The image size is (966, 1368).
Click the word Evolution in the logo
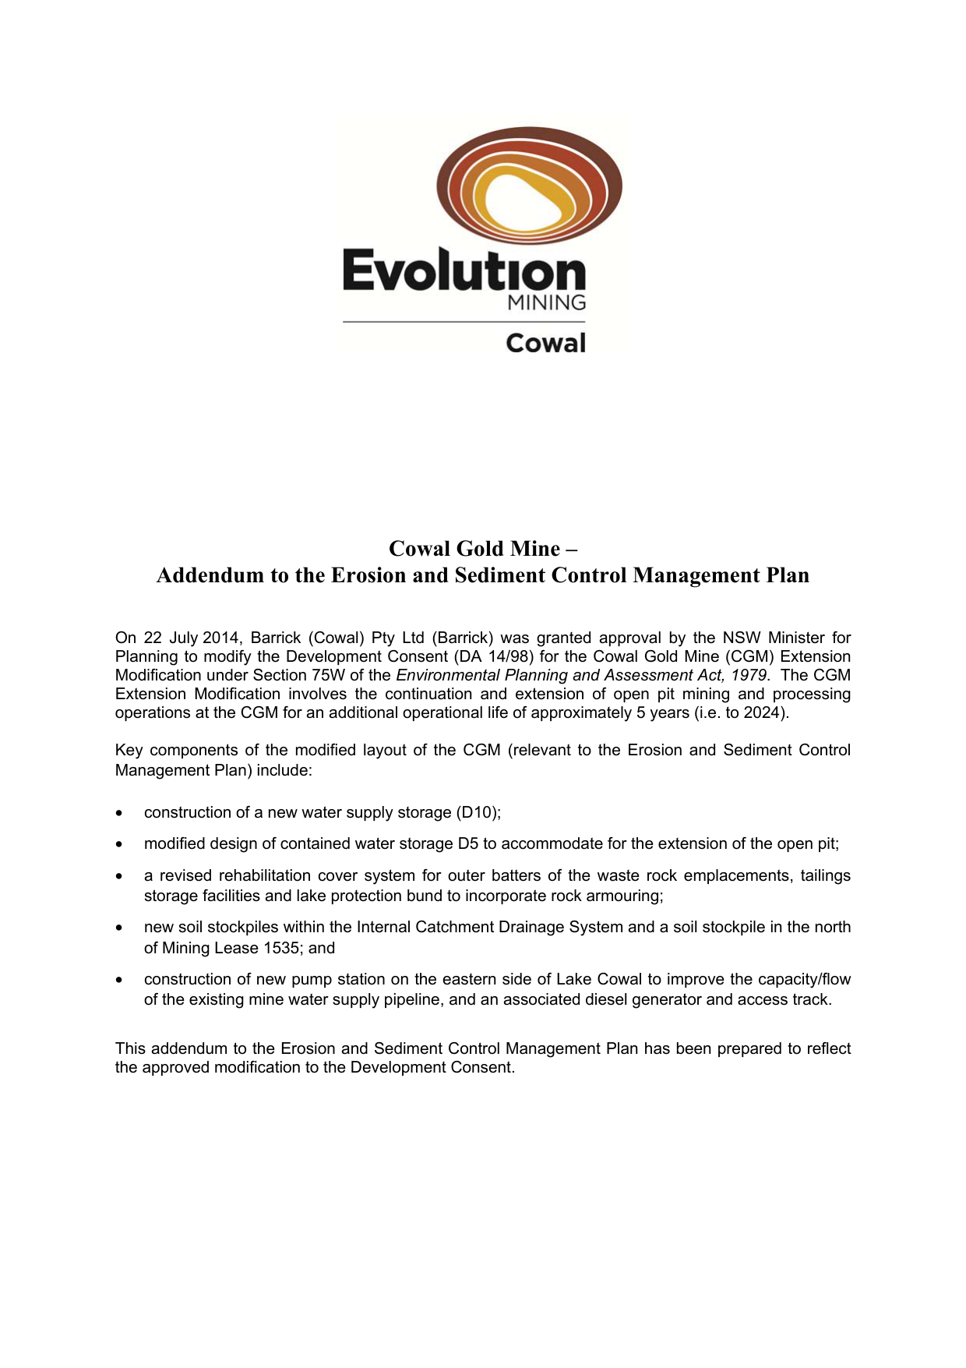tap(464, 270)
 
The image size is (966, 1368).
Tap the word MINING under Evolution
tap(546, 303)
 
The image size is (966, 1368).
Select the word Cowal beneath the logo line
tap(545, 343)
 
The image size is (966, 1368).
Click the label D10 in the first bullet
tap(478, 812)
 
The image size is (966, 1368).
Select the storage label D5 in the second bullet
tap(467, 843)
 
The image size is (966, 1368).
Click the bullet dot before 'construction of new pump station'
tap(119, 980)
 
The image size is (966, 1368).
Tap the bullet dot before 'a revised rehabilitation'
tap(119, 876)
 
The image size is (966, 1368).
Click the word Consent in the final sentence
tap(481, 1067)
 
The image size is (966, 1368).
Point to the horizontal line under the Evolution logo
tap(464, 322)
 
